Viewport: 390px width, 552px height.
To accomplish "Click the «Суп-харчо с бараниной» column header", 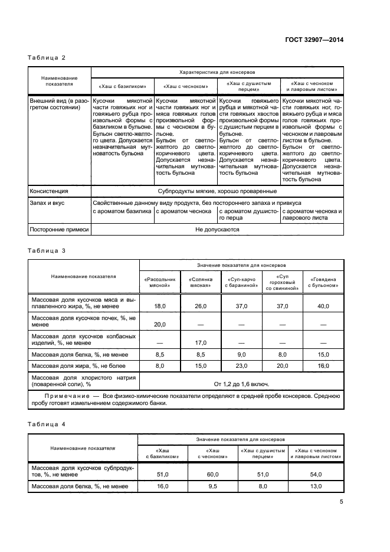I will click(x=240, y=282).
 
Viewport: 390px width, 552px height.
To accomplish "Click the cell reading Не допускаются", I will click(x=217, y=229).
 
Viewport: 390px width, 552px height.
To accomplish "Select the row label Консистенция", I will click(x=49, y=191).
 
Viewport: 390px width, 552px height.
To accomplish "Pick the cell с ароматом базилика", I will click(x=122, y=211).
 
